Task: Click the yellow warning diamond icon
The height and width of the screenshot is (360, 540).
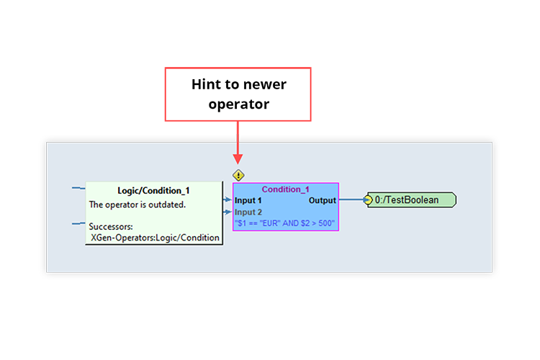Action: pyautogui.click(x=238, y=174)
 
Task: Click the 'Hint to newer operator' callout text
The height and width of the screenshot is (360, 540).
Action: pyautogui.click(x=238, y=94)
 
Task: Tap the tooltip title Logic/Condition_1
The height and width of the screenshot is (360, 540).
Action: pyautogui.click(x=153, y=191)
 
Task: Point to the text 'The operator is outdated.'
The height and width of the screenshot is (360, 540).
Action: pyautogui.click(x=137, y=204)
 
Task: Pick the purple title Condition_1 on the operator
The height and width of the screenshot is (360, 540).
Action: pyautogui.click(x=285, y=189)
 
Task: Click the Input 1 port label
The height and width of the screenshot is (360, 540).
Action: pyautogui.click(x=248, y=200)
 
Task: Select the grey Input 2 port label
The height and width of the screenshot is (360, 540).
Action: pyautogui.click(x=248, y=212)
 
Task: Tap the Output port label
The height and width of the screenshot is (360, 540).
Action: pyautogui.click(x=322, y=200)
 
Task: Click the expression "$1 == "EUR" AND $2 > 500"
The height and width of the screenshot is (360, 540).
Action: pyautogui.click(x=285, y=224)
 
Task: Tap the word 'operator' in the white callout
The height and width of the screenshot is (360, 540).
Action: pyautogui.click(x=238, y=104)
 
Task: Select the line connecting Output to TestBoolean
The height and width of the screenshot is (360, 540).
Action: pyautogui.click(x=351, y=200)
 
